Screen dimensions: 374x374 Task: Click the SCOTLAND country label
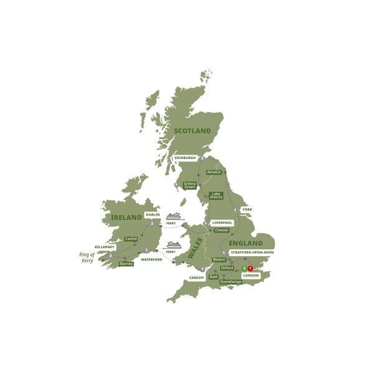click(193, 130)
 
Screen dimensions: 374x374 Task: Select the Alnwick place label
click(214, 171)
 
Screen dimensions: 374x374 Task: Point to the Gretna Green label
click(189, 185)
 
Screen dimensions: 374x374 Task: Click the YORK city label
click(247, 209)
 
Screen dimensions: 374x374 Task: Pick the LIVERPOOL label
click(223, 222)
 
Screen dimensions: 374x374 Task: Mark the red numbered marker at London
click(251, 269)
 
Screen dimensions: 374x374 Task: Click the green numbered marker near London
click(244, 269)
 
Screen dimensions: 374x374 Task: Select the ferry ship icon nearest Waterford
click(172, 245)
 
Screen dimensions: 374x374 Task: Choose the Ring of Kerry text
click(87, 257)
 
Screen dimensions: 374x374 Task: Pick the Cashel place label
click(131, 238)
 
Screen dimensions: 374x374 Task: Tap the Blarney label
click(126, 264)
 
